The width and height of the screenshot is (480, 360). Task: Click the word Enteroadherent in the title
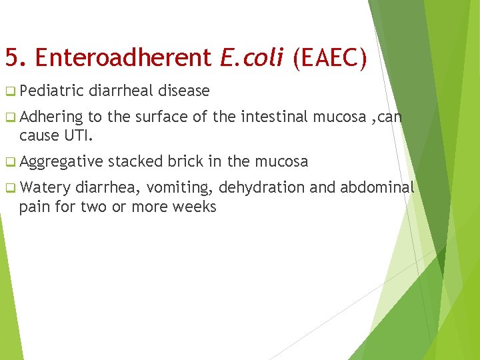[x=124, y=58]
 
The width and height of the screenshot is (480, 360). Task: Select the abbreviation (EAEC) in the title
[x=329, y=58]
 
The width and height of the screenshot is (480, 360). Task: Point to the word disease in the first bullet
[x=183, y=91]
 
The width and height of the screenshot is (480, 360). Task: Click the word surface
[x=160, y=118]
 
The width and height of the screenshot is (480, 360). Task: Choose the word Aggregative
[x=61, y=162]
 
